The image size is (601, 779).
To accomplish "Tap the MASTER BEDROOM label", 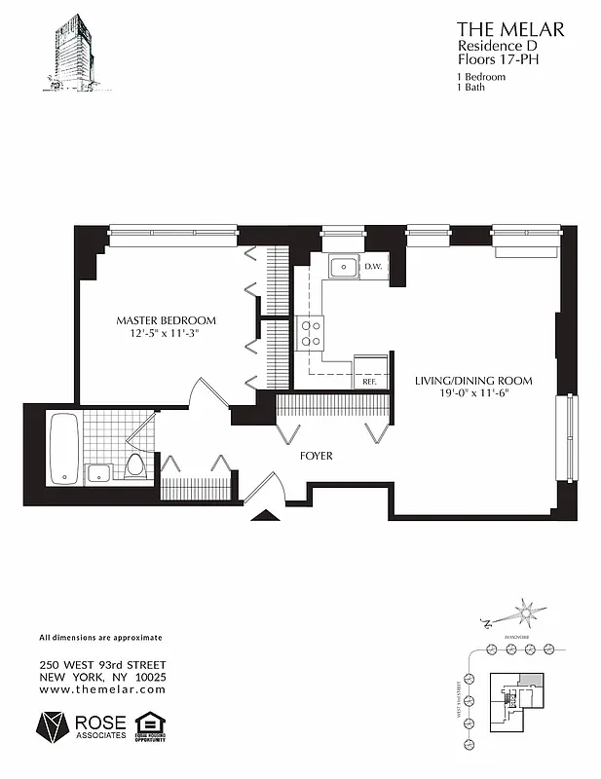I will (166, 320).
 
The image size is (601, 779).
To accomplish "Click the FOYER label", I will (316, 456).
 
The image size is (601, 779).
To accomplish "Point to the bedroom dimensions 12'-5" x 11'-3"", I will (166, 333).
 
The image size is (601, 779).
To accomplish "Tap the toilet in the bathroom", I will (135, 464).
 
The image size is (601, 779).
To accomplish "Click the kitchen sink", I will (342, 268).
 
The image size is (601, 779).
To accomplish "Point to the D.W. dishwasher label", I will (373, 267).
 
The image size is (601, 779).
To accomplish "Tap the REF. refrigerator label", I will (369, 382).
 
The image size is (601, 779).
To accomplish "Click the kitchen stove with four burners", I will (312, 334).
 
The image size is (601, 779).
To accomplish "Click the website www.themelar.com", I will (102, 689).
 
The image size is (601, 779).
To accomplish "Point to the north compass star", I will (527, 612).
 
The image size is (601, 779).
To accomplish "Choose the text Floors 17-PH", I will (497, 60).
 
